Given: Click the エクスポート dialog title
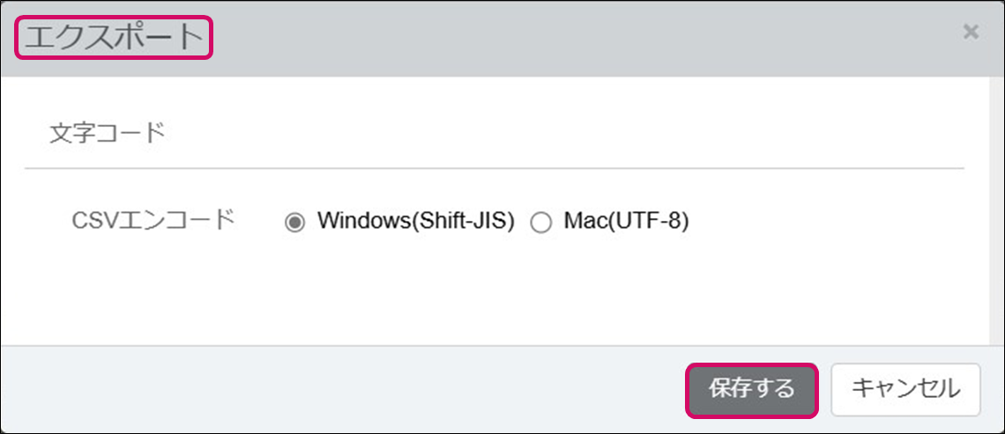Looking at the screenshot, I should pos(115,38).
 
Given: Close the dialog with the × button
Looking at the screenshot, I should pos(971,33).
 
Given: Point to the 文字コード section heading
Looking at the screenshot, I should pos(107,134).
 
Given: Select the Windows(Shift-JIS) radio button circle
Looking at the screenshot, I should pos(294,223).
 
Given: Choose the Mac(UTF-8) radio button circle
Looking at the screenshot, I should pos(540,223).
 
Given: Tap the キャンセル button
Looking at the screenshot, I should pos(905,389).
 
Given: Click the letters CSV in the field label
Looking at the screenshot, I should pos(90,220).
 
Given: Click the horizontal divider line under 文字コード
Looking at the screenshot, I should pos(494,168).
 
